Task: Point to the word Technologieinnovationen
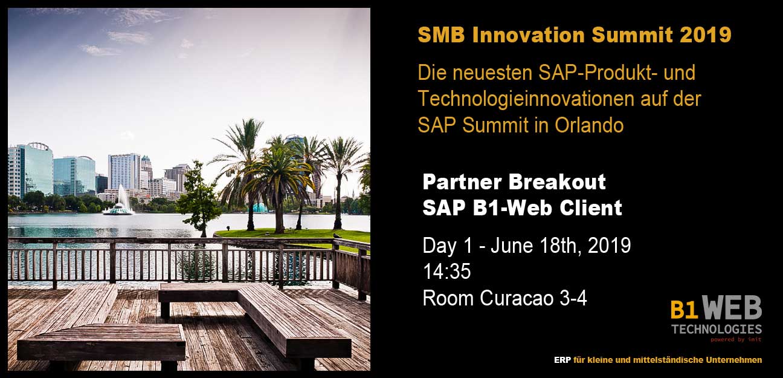526,99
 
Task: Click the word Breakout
557,182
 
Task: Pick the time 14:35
446,271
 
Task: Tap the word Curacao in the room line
517,298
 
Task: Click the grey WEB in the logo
732,308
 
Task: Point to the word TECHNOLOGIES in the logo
717,330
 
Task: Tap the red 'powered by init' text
736,339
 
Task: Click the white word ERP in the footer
562,360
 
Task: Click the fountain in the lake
119,201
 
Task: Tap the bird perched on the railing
337,236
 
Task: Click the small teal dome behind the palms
259,208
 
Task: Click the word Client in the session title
591,208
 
